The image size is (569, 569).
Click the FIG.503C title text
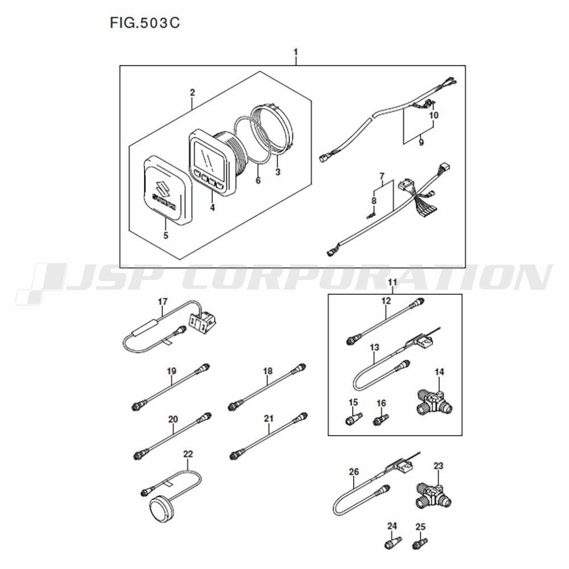click(145, 23)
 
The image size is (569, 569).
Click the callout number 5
click(166, 236)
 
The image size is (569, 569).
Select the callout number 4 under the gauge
click(212, 208)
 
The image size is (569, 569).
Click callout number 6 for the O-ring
click(258, 180)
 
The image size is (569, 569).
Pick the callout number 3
click(278, 172)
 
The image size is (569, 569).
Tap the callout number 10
click(434, 115)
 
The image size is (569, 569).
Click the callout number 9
click(421, 142)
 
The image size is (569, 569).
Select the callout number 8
click(374, 201)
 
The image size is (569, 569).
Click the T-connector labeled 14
click(435, 402)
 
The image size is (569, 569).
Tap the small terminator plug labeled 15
click(353, 418)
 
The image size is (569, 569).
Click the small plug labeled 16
click(381, 419)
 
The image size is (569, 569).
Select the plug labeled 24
click(393, 542)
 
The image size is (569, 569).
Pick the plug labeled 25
click(420, 542)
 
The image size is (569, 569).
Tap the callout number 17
click(163, 302)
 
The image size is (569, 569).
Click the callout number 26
click(354, 472)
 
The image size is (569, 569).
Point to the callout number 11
click(392, 282)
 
